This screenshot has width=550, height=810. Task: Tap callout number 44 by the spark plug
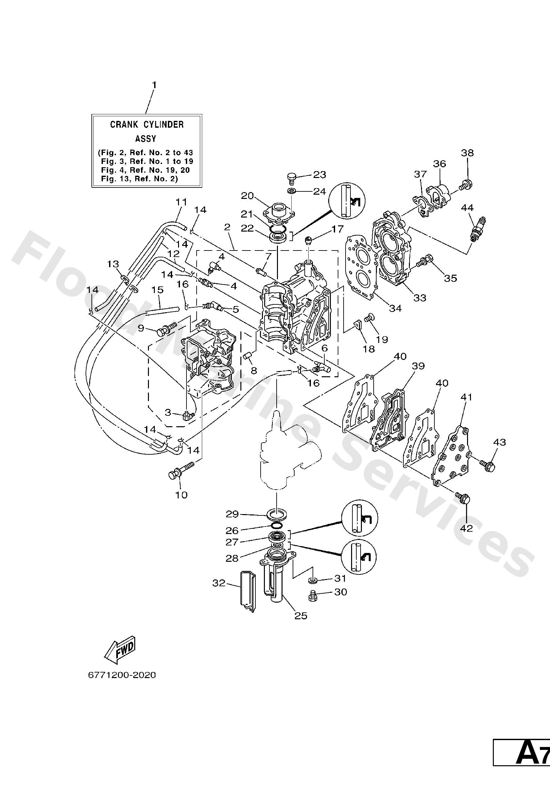[467, 208]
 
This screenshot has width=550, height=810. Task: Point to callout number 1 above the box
[154, 85]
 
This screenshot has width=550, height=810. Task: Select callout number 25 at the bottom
[301, 616]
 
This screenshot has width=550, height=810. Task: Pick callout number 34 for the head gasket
[395, 308]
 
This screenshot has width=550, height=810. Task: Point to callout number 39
[418, 366]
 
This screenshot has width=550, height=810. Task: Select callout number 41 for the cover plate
[466, 397]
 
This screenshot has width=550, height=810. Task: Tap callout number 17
[337, 229]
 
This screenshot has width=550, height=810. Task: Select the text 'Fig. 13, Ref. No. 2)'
[139, 179]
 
